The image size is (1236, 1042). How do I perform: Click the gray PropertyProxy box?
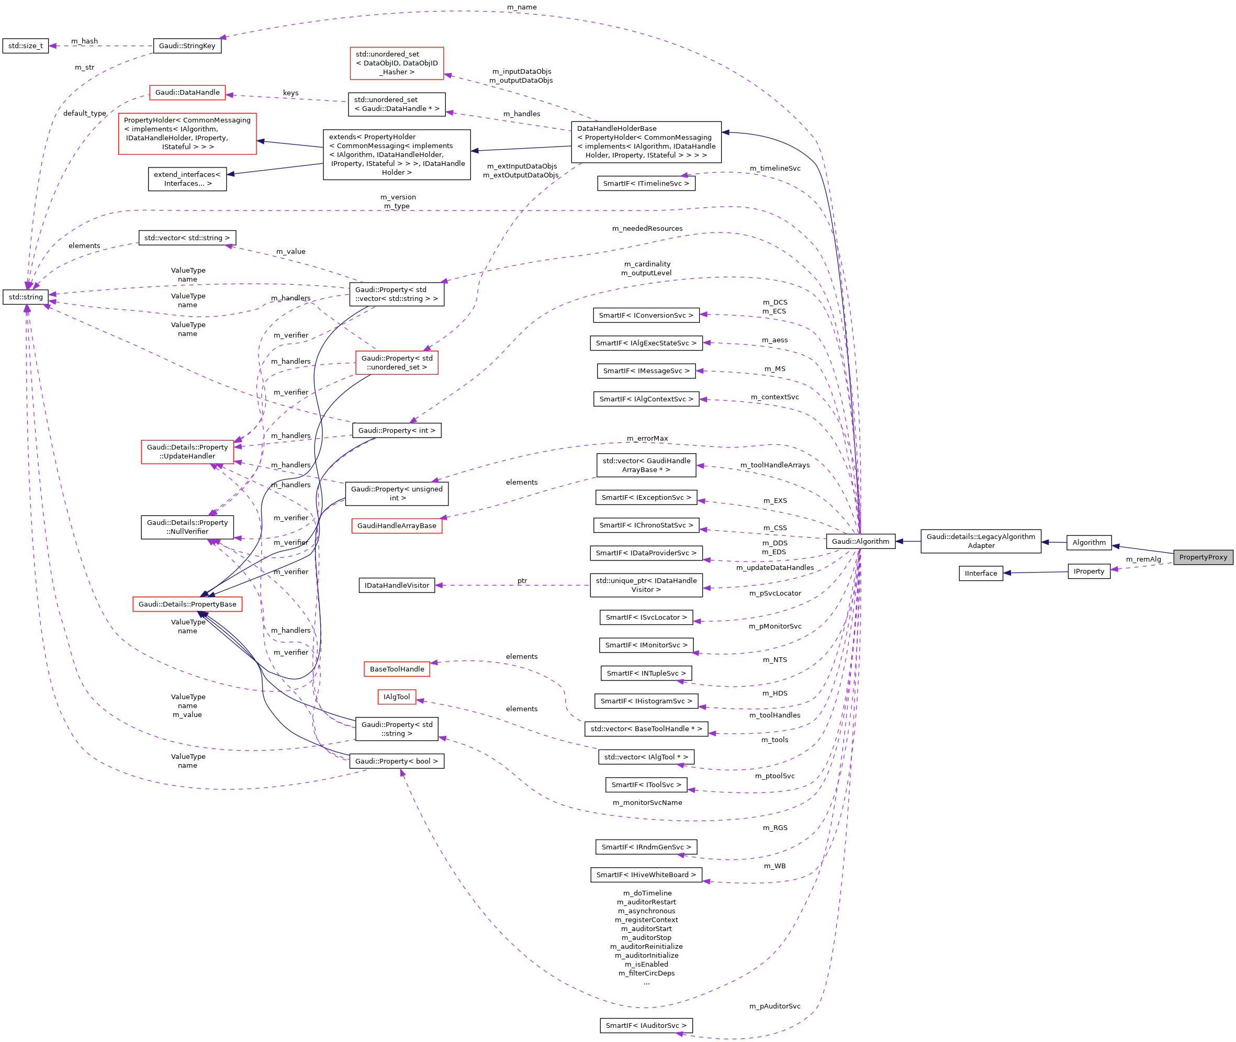tap(1203, 557)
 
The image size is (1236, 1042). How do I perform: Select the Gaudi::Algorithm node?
tap(860, 541)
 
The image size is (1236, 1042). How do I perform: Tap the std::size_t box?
tap(26, 46)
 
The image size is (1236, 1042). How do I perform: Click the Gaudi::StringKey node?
tap(187, 46)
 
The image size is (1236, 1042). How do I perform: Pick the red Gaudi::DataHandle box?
tap(187, 92)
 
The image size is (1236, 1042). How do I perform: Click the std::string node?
tap(26, 297)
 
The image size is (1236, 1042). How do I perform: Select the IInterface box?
tap(980, 573)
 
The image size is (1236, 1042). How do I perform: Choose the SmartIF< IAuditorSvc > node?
tap(646, 1025)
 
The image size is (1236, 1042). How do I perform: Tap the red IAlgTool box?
tap(397, 697)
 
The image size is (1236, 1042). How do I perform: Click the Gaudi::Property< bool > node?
tap(397, 761)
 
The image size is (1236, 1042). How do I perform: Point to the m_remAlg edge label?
tap(1143, 559)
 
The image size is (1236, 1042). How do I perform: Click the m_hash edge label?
tap(84, 41)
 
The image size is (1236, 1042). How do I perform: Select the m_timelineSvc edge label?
tap(775, 169)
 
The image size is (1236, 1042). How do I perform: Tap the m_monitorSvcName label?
tap(647, 802)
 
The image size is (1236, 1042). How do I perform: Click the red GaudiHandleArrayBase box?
tap(397, 526)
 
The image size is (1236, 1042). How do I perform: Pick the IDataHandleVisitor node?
tap(397, 586)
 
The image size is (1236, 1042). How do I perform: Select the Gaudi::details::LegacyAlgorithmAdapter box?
tap(980, 541)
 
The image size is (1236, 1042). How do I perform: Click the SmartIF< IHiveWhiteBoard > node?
tap(646, 875)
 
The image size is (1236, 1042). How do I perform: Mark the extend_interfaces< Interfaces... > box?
tap(187, 179)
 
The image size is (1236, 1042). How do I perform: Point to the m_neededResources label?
tap(647, 229)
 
